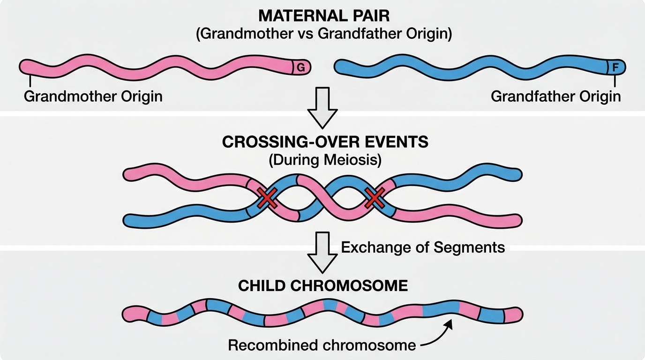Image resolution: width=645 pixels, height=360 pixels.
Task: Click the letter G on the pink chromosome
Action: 301,68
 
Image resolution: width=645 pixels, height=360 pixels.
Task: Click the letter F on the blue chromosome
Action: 615,68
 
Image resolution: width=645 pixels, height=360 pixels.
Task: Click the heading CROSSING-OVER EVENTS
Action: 325,142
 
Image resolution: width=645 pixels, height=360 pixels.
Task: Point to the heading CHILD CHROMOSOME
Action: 323,286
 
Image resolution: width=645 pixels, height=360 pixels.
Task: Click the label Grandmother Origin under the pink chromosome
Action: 93,97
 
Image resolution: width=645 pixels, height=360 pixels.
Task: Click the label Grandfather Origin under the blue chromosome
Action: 555,97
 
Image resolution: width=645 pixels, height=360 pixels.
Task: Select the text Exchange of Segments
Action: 423,247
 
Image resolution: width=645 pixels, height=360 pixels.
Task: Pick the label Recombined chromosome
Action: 322,345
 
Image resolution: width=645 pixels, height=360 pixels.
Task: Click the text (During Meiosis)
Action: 325,160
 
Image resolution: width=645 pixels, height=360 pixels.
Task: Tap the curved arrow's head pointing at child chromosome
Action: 449,323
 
